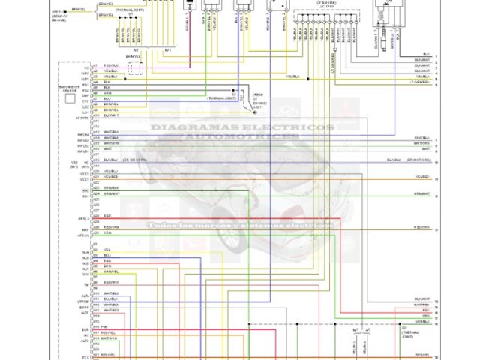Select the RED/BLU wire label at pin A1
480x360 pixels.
pyautogui.click(x=111, y=65)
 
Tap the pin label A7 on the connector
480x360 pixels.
pyautogui.click(x=95, y=98)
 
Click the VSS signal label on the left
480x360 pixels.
pyautogui.click(x=75, y=161)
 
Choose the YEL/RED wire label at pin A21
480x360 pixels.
pyautogui.click(x=111, y=177)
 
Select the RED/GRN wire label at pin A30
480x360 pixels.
pyautogui.click(x=111, y=226)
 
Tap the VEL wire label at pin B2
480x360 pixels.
pyautogui.click(x=106, y=250)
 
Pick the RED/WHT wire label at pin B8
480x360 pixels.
pyautogui.click(x=111, y=282)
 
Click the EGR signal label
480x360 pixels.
pyautogui.click(x=85, y=328)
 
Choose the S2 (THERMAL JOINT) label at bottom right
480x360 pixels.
pyautogui.click(x=409, y=331)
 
